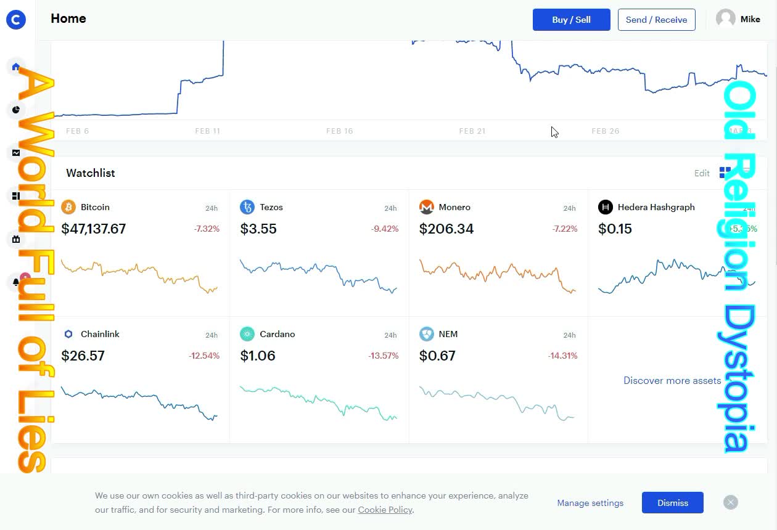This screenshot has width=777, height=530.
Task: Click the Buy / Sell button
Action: pos(571,20)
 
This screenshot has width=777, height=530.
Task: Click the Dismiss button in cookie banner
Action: pos(672,503)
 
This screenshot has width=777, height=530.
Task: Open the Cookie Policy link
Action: pos(385,510)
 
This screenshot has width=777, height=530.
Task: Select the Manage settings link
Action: pos(590,503)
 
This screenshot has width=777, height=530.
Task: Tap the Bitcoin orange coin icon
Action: pos(68,207)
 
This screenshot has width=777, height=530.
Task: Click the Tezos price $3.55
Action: pos(258,229)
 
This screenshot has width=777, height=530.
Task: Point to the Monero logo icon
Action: pos(426,207)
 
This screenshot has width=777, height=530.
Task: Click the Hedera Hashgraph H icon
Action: pos(606,207)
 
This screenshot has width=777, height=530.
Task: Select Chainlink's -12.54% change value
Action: pos(204,356)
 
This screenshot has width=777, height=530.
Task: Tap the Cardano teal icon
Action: pos(247,334)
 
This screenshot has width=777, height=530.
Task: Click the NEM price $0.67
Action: pos(437,356)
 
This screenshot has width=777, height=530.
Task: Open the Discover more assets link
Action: pos(672,380)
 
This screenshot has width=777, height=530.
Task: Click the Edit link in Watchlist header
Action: pos(702,173)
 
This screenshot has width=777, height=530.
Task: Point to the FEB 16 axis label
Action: pos(339,131)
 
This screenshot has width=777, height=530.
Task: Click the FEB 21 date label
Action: pos(472,131)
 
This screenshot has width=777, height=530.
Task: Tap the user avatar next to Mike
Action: pos(726,19)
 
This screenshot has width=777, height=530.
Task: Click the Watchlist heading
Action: pos(91,173)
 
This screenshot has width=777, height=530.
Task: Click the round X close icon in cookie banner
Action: pos(731,502)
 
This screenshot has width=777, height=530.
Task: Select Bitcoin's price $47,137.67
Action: pos(94,229)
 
